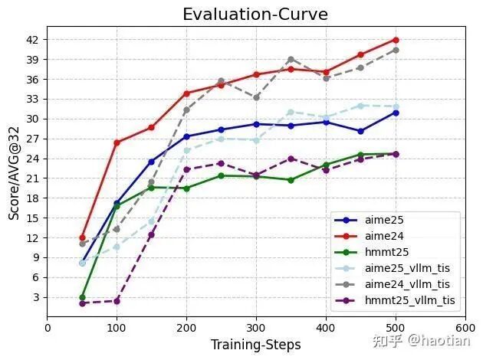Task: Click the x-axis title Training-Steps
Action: tap(256, 345)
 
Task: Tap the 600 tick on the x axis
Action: tap(465, 327)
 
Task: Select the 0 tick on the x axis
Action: tap(48, 327)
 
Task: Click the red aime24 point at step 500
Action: tap(396, 39)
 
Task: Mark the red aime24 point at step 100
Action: tap(117, 142)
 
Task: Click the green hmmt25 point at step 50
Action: tap(82, 297)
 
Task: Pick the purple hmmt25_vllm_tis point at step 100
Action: tap(117, 301)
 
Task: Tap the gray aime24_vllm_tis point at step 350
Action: tap(291, 59)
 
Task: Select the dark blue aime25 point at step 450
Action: tap(360, 131)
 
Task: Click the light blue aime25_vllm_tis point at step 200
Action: tap(186, 150)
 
